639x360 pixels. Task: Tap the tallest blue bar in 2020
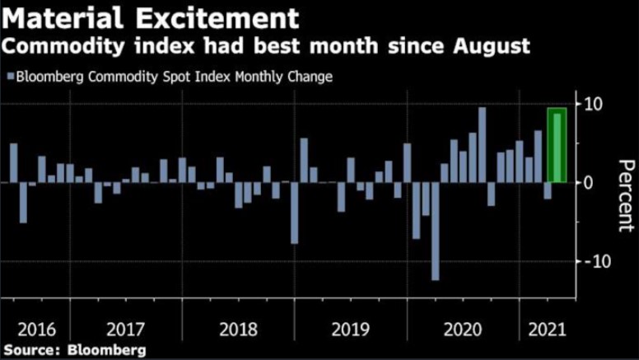click(x=482, y=145)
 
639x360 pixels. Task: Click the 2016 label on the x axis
click(x=36, y=330)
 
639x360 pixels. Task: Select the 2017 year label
click(x=126, y=330)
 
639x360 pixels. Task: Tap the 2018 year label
click(x=239, y=330)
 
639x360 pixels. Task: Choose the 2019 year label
click(x=352, y=330)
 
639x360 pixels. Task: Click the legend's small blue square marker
click(x=10, y=77)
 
